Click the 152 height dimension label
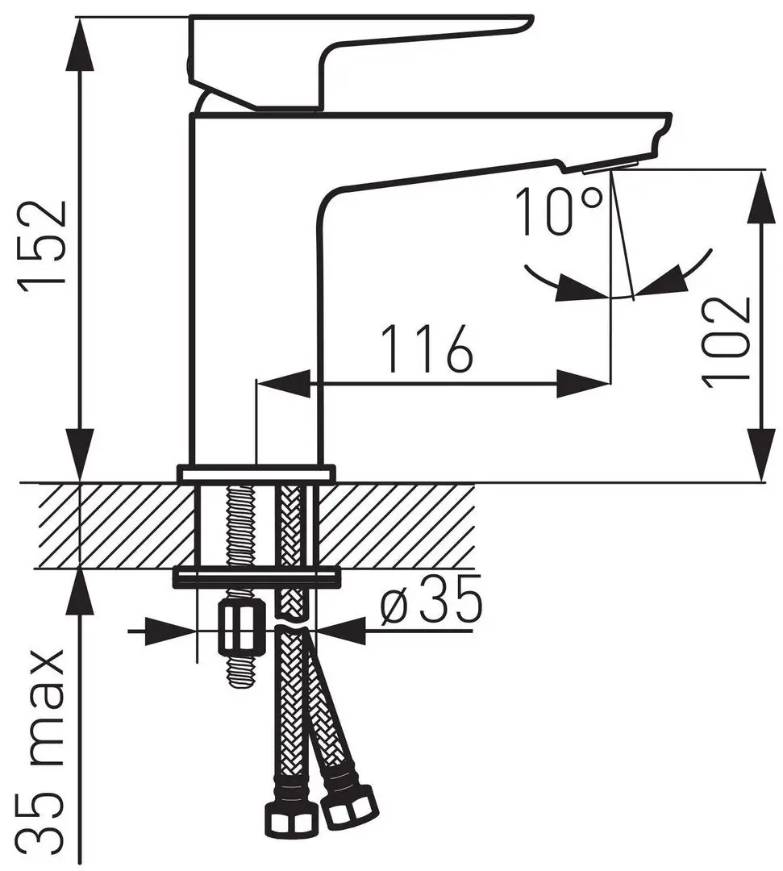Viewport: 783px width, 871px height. [x=42, y=244]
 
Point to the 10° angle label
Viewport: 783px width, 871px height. [x=559, y=211]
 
